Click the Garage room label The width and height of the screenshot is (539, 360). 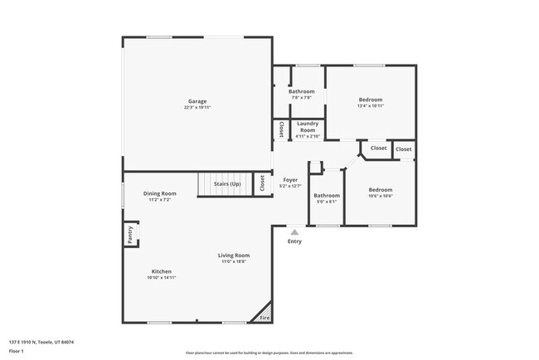[197, 101]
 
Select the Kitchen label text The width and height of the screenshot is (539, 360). [162, 272]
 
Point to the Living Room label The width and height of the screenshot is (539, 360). [234, 255]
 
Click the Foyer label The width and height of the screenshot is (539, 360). [290, 180]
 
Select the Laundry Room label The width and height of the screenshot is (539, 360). [307, 127]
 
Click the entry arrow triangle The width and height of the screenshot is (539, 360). [294, 232]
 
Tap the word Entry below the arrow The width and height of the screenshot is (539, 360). [294, 241]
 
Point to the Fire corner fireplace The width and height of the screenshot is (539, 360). [265, 316]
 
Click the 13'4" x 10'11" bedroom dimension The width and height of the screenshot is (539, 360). [370, 105]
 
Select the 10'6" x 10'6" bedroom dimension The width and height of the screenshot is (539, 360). [381, 197]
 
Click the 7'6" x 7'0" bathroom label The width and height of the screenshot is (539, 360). [301, 98]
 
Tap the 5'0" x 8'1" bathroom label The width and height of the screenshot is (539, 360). [326, 202]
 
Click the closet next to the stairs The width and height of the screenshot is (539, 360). [261, 182]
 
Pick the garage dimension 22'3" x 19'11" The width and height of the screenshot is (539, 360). [197, 107]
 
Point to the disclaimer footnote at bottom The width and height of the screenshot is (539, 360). [269, 352]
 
